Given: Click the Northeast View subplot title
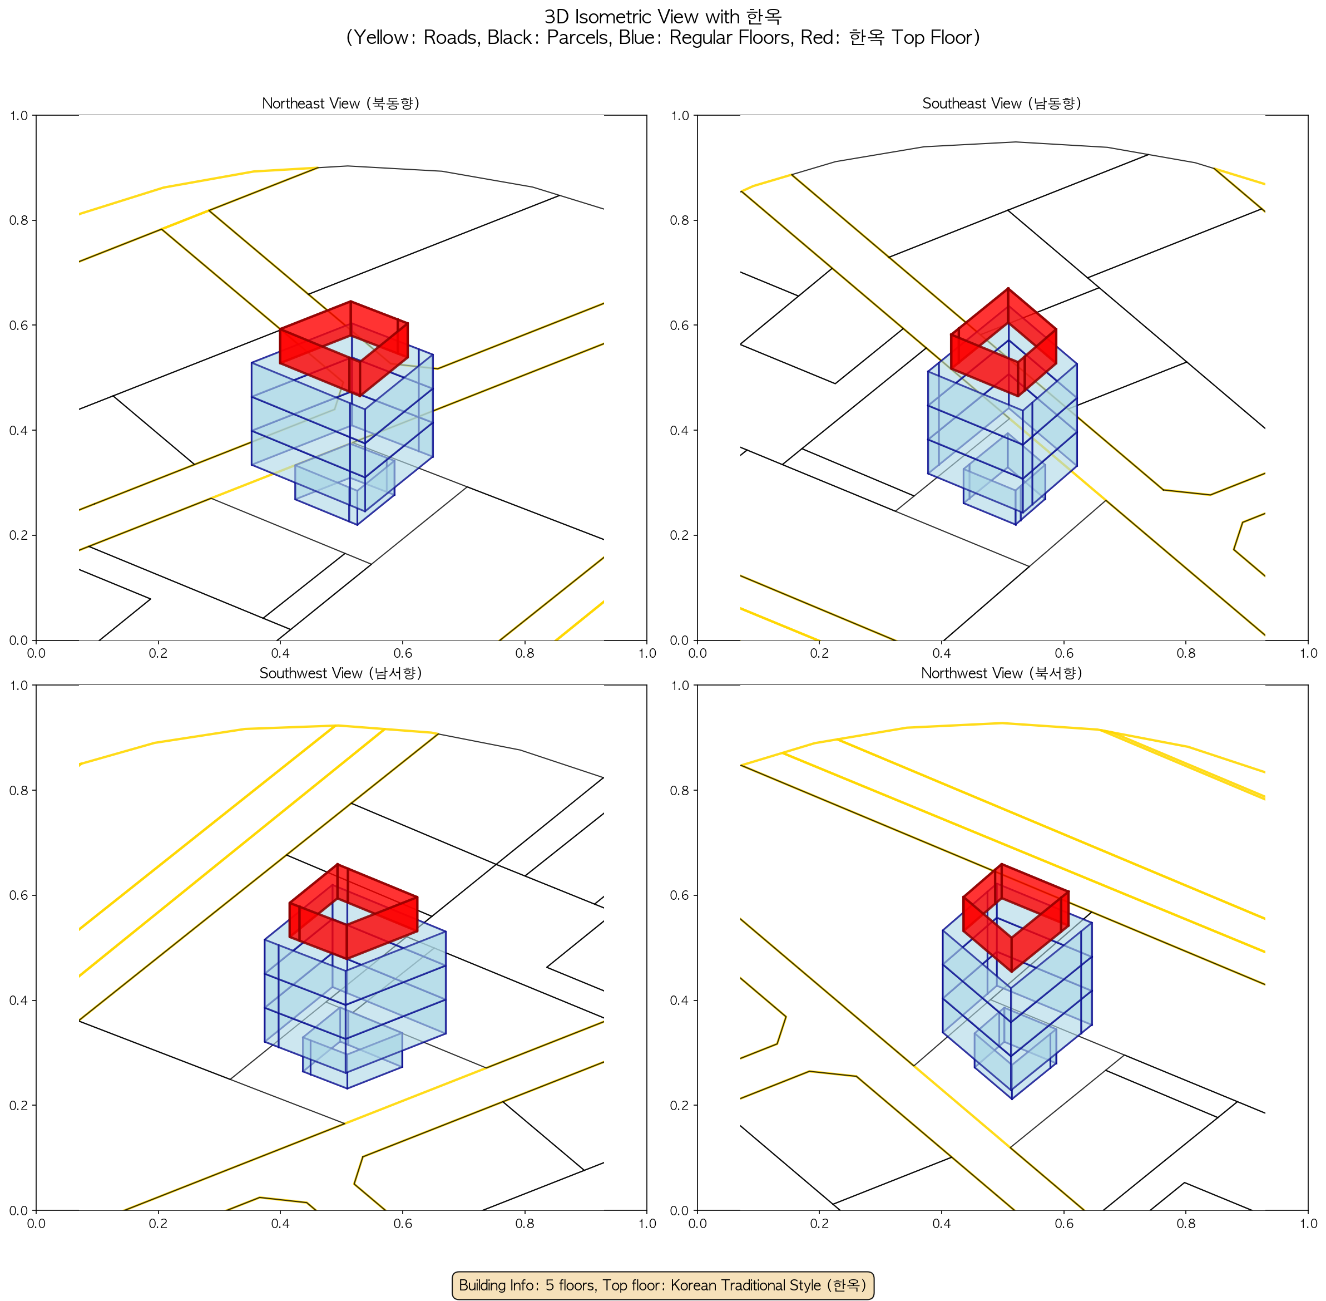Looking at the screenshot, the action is (x=340, y=103).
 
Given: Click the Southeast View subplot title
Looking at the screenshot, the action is (x=1002, y=103).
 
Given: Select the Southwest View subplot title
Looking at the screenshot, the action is (x=340, y=673).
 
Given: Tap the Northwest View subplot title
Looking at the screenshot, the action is (x=1002, y=673).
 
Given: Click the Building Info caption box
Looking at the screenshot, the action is (x=662, y=1285).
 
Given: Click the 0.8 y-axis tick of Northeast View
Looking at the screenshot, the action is (x=19, y=220).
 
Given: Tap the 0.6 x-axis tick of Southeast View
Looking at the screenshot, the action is (x=1063, y=653).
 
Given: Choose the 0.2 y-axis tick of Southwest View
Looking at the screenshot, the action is (x=19, y=1106).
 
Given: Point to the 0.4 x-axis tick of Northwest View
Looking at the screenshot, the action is (x=942, y=1223).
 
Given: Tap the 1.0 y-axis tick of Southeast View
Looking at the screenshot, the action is (x=680, y=116).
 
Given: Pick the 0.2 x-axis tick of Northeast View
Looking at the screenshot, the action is (x=158, y=653).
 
